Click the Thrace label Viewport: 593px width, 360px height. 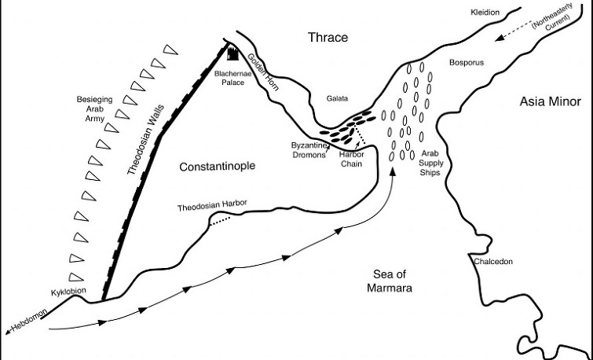(x=328, y=37)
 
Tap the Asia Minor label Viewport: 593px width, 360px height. (x=550, y=101)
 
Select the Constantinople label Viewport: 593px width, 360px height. (x=217, y=166)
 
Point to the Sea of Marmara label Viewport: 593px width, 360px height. (x=390, y=281)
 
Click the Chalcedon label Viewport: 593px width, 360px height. (x=493, y=262)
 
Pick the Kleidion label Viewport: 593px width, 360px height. (x=485, y=12)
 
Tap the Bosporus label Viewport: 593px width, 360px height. (x=467, y=62)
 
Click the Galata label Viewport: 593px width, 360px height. (x=337, y=98)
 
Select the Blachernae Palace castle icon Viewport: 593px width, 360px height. (x=232, y=53)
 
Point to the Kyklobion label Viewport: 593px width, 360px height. (x=68, y=292)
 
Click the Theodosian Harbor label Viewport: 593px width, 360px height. (x=212, y=205)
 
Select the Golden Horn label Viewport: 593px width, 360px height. (x=263, y=72)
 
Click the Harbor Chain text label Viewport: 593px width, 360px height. (x=351, y=159)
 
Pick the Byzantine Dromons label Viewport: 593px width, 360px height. (x=309, y=150)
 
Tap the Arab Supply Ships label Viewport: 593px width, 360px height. (x=430, y=163)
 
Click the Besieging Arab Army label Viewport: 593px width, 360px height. (x=94, y=109)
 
